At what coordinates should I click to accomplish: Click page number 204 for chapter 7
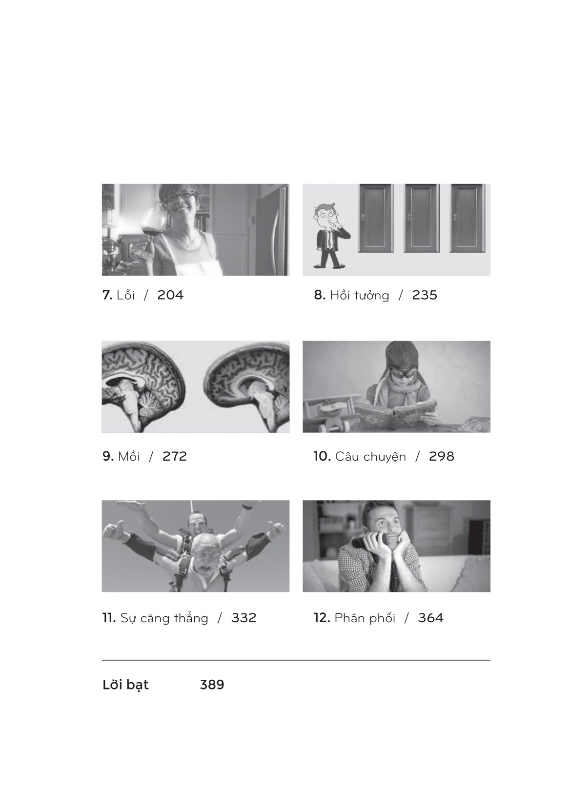coord(170,295)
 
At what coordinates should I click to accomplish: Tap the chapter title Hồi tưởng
coord(359,296)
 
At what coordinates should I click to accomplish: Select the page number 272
coord(175,457)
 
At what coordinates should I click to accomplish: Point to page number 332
coord(244,618)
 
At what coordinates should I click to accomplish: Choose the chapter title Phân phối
coord(365,618)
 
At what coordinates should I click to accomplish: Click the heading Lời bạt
coord(125,685)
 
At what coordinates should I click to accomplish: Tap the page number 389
coord(212,685)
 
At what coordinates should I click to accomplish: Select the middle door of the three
coord(422,218)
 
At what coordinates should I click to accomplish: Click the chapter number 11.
coord(108,618)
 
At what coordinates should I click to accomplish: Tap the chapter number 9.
coord(107,457)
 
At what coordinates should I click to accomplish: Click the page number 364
coord(430,618)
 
